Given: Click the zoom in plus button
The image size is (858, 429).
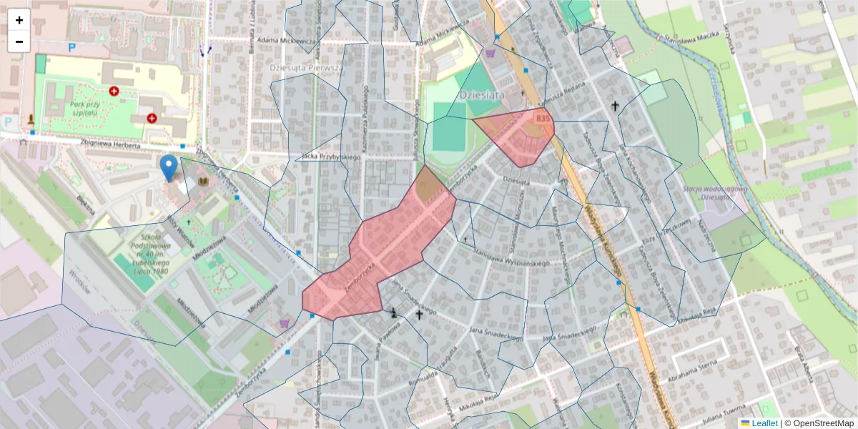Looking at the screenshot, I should pos(19,20).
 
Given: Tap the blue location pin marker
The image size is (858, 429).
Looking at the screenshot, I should pos(169,167).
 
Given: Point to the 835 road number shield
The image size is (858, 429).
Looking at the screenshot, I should pos(543,118).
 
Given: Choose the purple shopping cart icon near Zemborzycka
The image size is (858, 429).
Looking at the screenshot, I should pos(285,323).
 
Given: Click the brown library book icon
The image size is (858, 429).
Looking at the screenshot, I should pos(205,183).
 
